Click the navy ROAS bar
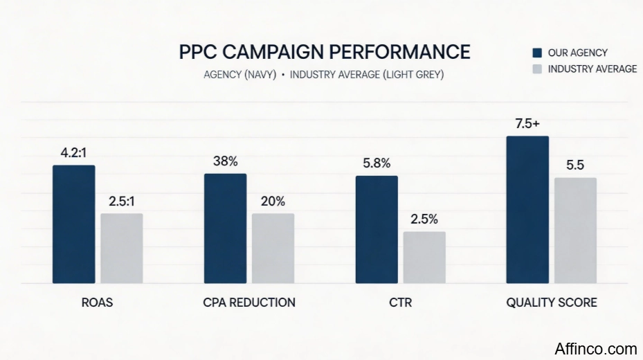tap(73, 224)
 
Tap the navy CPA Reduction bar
tap(225, 228)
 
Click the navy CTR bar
tap(377, 230)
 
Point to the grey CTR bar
tap(424, 257)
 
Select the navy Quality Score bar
tap(527, 210)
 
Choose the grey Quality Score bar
tap(575, 231)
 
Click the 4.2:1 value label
tap(73, 153)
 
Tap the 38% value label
tap(225, 161)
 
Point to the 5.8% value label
tap(377, 164)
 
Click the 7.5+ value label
tap(527, 124)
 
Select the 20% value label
tap(273, 201)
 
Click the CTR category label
tap(400, 303)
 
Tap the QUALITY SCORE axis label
tap(552, 303)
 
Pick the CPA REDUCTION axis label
tap(249, 303)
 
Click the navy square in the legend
tap(536, 53)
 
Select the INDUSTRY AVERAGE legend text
tap(592, 69)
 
